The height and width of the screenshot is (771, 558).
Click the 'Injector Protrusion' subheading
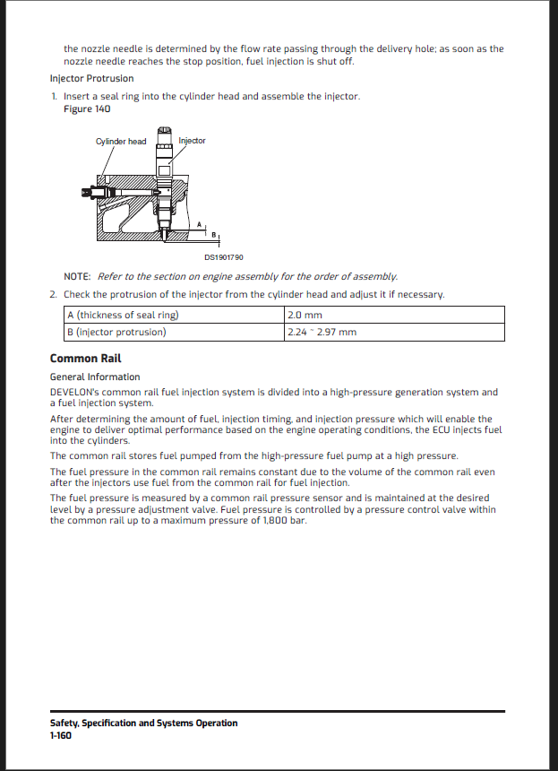coord(91,78)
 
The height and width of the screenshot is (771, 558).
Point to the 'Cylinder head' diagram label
coord(121,142)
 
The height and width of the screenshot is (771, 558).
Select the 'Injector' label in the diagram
coord(192,141)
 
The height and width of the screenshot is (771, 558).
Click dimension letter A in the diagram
coord(199,223)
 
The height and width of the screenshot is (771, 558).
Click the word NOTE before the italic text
coord(77,276)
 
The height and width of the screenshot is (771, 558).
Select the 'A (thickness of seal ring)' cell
coord(123,315)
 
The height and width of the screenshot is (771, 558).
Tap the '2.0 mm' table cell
coord(305,315)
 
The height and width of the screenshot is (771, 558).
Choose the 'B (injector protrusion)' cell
coord(116,332)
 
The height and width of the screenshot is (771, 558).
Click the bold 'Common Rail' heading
coord(85,359)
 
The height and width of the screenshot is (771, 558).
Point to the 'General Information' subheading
coord(95,377)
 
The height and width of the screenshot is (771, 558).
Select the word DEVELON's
coord(75,392)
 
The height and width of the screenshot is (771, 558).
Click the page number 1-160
coord(61,735)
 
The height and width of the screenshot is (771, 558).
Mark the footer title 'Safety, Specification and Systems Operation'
coord(144,723)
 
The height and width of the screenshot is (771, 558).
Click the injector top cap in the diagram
coord(164,133)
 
